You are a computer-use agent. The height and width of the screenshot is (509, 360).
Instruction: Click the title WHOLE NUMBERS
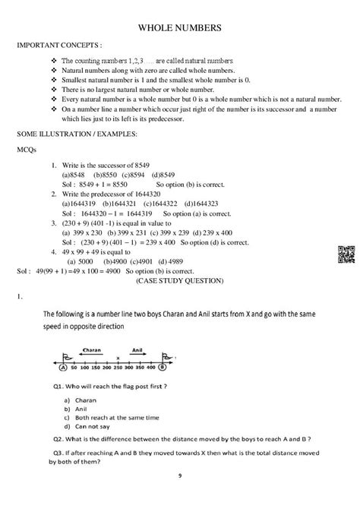(x=179, y=28)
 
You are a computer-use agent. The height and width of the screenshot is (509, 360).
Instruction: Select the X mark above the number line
(x=118, y=357)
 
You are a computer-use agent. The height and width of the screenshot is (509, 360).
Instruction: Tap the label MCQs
(x=27, y=150)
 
